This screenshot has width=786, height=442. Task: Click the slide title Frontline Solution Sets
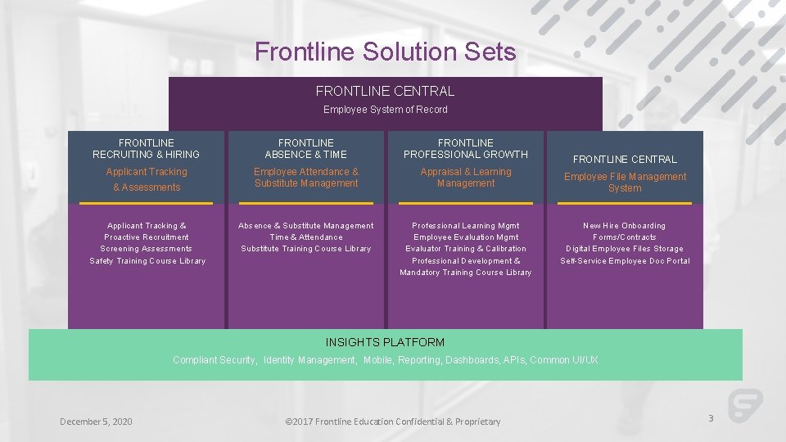pos(385,52)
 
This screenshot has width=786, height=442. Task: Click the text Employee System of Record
pos(385,110)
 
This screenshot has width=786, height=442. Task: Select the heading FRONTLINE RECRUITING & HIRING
pos(146,148)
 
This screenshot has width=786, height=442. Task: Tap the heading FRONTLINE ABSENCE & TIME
pos(305,148)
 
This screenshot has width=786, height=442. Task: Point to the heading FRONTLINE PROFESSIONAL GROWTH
pos(465,148)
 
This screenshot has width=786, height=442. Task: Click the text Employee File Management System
pos(625,183)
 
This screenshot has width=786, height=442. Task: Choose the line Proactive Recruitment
pos(146,237)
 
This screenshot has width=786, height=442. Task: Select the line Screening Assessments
pos(146,249)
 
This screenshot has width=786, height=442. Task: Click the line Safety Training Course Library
pos(147,261)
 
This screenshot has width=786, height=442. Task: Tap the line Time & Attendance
pos(306,237)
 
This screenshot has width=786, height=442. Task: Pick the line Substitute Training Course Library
pos(306,249)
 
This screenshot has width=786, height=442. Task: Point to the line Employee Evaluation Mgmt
pos(466,237)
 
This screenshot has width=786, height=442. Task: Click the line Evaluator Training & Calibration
pos(466,249)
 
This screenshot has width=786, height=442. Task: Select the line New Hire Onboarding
pos(624,226)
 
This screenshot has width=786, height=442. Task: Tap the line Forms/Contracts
pos(624,237)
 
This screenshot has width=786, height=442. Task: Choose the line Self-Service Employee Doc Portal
pos(625,261)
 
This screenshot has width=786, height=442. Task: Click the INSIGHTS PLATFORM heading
pos(385,342)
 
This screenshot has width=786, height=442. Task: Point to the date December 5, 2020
pos(96,422)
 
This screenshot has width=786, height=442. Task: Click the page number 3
pos(711,418)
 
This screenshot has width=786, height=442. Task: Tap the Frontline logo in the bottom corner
pos(745,405)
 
